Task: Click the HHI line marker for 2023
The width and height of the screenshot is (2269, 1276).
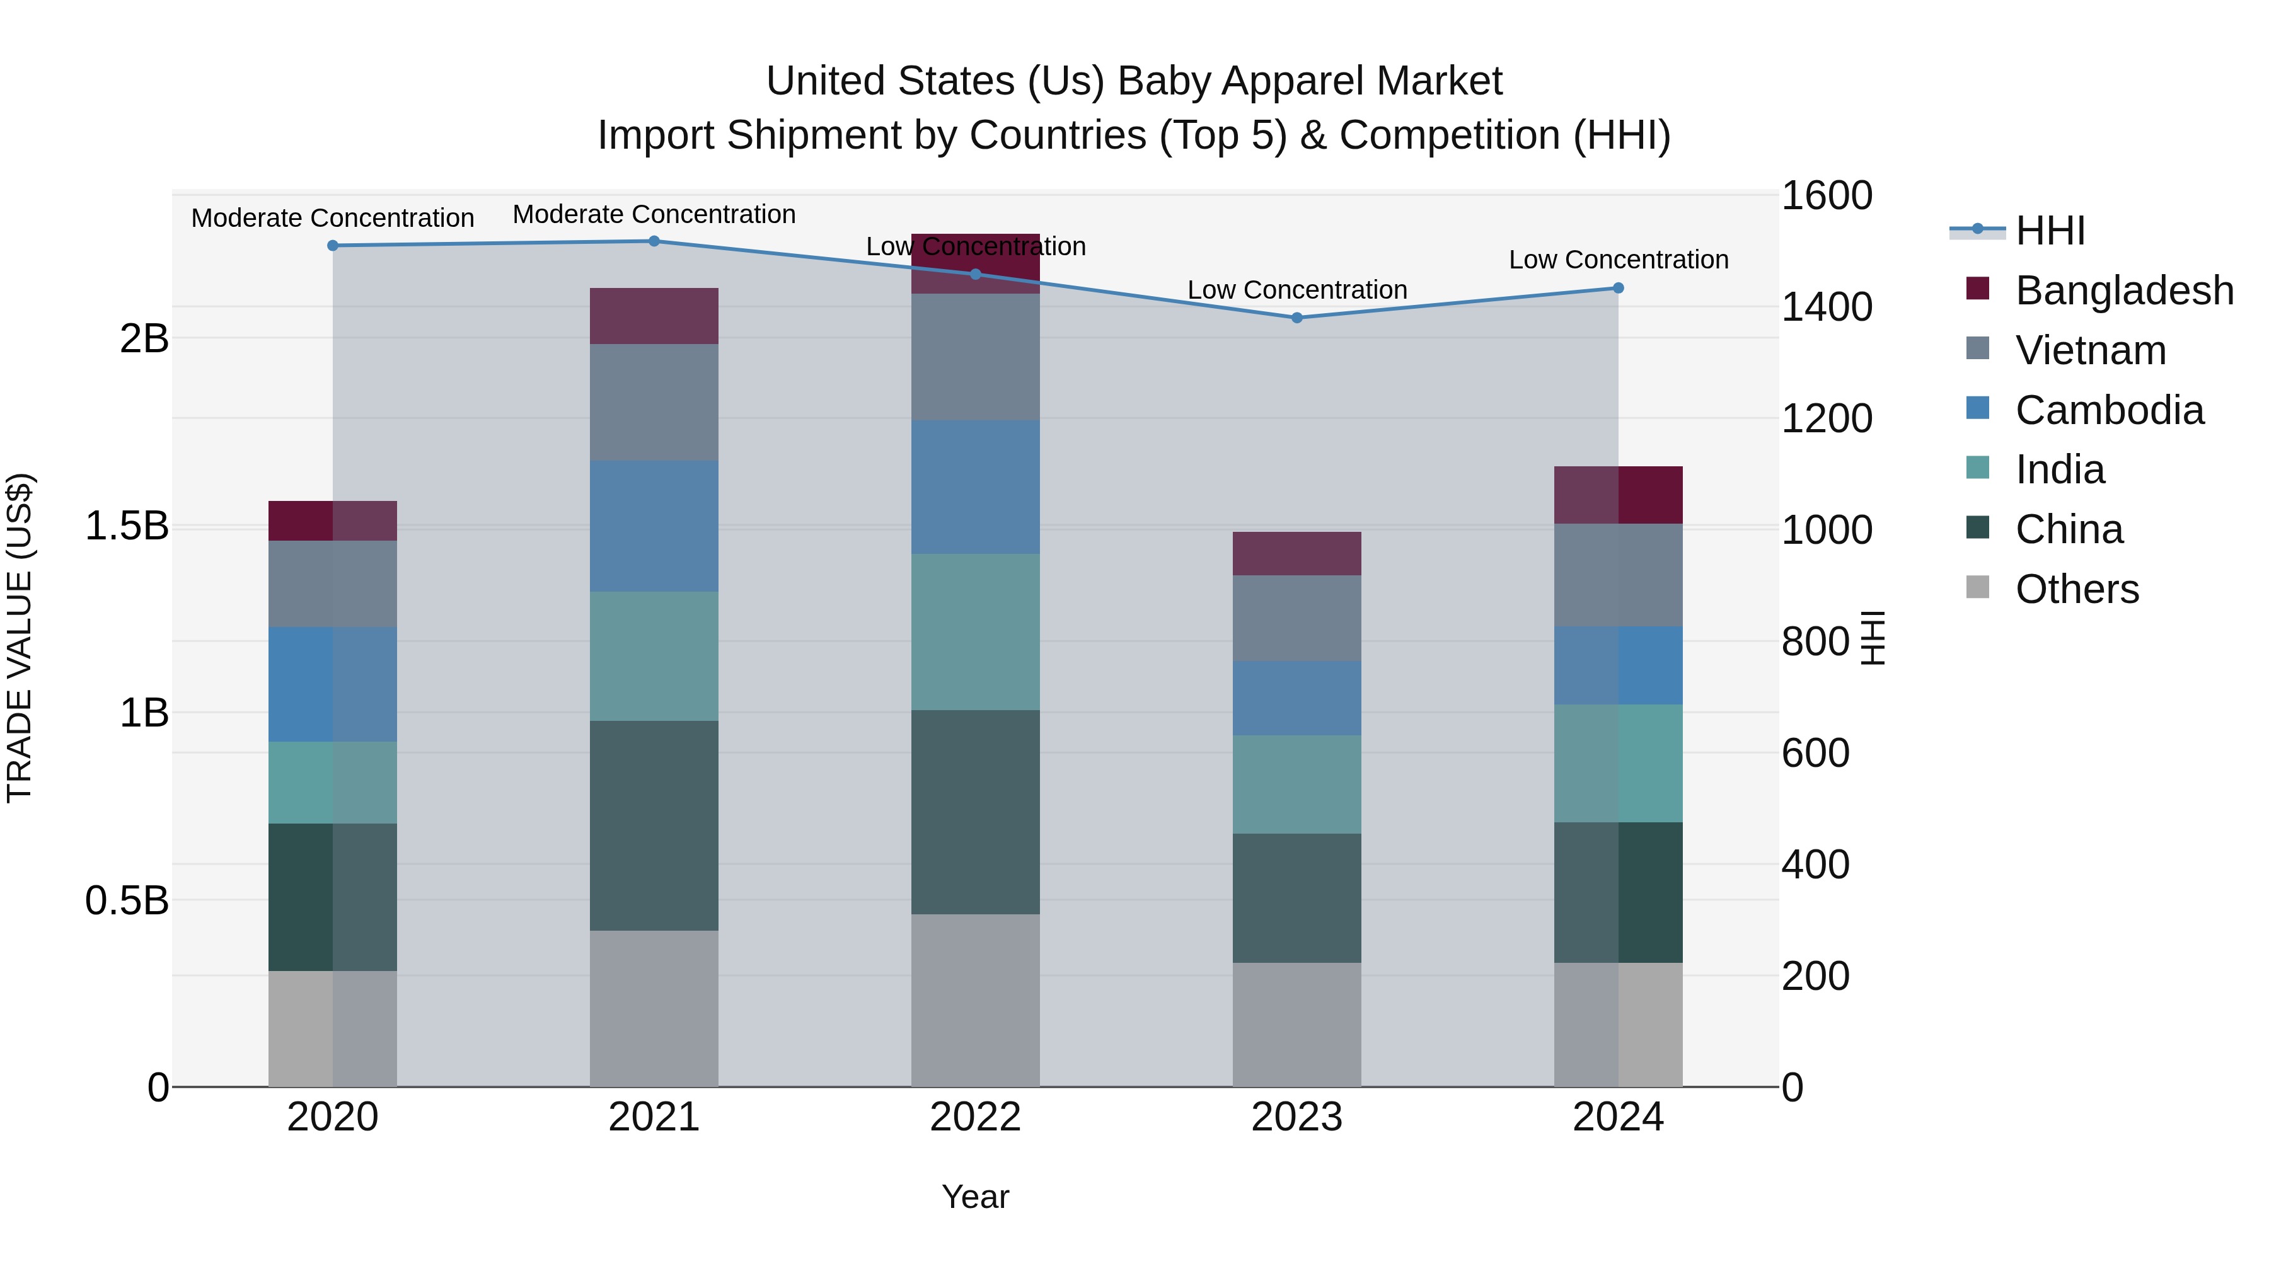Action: coord(1296,318)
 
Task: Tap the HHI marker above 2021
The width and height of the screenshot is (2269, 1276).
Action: coord(654,241)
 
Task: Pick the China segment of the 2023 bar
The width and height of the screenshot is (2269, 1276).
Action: coord(1296,897)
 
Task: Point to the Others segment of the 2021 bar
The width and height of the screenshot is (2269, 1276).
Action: coord(654,1008)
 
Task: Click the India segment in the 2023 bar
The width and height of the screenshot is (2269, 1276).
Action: coord(1296,784)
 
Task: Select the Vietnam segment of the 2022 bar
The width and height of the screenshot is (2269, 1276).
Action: coord(975,357)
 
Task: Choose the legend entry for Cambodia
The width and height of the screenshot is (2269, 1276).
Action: coord(2109,410)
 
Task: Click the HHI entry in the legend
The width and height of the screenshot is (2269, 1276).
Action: coord(2050,231)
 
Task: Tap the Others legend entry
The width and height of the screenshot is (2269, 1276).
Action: coord(2076,589)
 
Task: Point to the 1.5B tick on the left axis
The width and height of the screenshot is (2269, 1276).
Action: coord(126,526)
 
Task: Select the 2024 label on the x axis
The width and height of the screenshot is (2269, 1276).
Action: coord(1618,1117)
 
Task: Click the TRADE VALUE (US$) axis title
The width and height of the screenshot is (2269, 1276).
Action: coord(20,638)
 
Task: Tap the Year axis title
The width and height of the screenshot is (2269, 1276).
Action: coord(975,1197)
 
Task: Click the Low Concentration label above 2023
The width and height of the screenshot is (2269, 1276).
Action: coord(1296,290)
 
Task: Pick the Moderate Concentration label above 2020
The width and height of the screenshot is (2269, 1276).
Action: coord(332,217)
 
